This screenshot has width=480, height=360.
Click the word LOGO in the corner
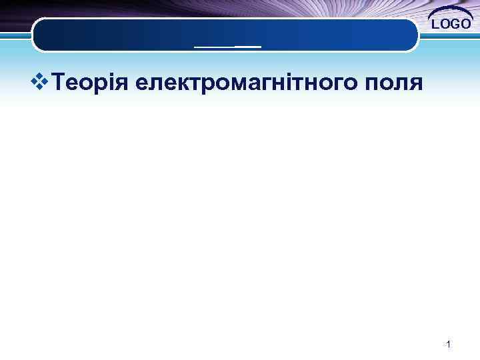click(452, 25)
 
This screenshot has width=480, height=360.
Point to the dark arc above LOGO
click(451, 11)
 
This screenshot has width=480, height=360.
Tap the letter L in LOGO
click(436, 25)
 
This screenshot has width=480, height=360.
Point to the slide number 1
click(449, 345)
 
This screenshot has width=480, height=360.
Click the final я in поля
click(415, 85)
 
